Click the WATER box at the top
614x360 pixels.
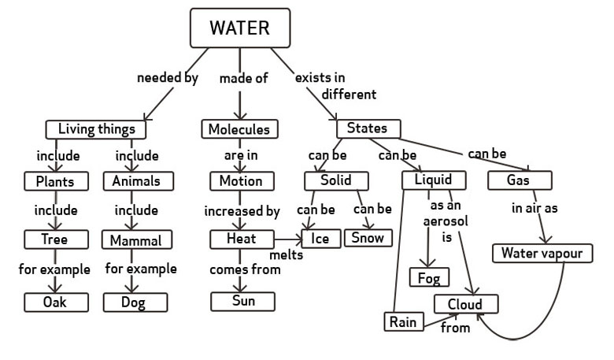[239, 29]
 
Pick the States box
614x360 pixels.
[368, 128]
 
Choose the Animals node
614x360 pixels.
[137, 181]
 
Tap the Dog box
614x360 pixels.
[135, 301]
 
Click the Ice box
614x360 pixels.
[319, 238]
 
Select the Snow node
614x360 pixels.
[368, 238]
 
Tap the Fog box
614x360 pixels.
[430, 278]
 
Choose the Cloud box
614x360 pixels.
[466, 304]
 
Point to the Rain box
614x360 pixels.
[403, 321]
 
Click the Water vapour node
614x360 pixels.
[541, 253]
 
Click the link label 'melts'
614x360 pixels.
[287, 255]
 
